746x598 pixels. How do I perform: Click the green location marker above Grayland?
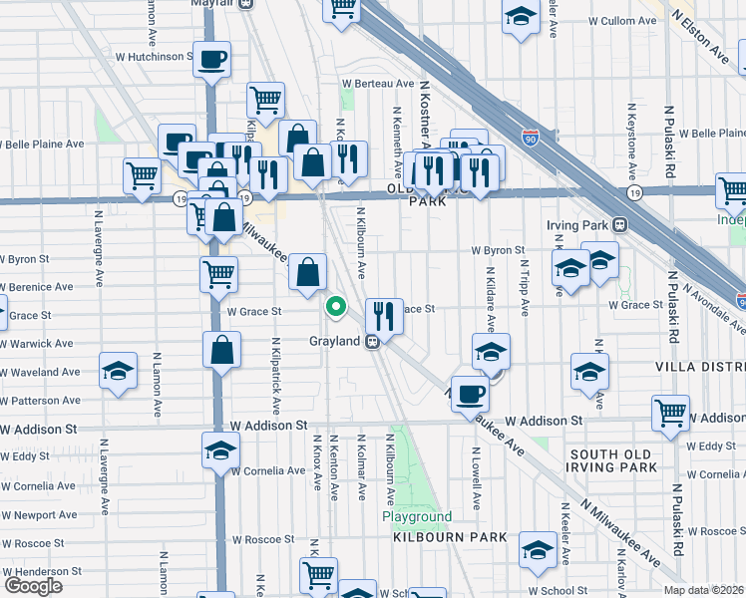point(336,307)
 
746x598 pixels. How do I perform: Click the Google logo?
point(33,586)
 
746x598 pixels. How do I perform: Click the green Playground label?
point(417,517)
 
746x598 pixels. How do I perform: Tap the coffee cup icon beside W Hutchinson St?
point(211,60)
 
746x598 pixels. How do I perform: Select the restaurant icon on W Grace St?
point(384,316)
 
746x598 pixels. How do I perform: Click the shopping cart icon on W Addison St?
point(670,412)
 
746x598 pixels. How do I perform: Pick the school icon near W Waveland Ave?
point(118,372)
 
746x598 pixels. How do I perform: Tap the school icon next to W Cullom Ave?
point(520,18)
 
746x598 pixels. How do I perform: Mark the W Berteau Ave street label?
point(377,84)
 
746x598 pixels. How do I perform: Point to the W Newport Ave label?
point(38,515)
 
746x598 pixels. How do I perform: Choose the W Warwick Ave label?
point(37,344)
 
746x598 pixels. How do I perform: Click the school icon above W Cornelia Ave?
point(220,450)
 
